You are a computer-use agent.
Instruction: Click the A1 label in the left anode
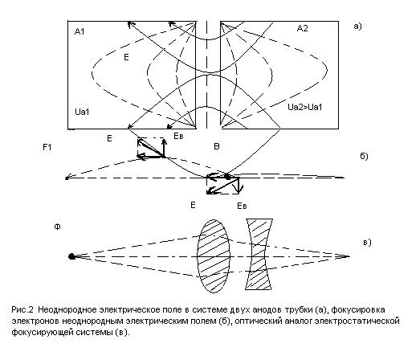[x=80, y=31]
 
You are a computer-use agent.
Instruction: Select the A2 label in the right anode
[x=303, y=28]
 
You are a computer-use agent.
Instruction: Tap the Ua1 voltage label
[x=82, y=112]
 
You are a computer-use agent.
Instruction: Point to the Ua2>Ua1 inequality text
[x=305, y=107]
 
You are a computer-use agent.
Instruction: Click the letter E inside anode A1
[x=126, y=57]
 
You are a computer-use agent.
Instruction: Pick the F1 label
[x=47, y=147]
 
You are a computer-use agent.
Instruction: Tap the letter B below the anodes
[x=217, y=146]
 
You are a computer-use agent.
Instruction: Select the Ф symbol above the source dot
[x=57, y=227]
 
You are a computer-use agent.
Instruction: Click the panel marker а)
[x=357, y=27]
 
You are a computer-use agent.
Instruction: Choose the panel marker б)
[x=364, y=156]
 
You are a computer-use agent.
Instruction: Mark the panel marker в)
[x=367, y=243]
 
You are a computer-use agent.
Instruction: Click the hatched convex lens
[x=214, y=256]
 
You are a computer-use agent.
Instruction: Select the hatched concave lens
[x=259, y=254]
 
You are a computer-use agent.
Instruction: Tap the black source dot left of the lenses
[x=71, y=256]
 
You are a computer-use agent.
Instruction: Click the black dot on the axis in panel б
[x=227, y=177]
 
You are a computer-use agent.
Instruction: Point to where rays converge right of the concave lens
[x=349, y=256]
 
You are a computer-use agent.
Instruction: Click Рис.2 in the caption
[x=22, y=309]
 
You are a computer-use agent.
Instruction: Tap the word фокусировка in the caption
[x=358, y=310]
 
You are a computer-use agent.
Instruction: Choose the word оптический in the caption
[x=259, y=321]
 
